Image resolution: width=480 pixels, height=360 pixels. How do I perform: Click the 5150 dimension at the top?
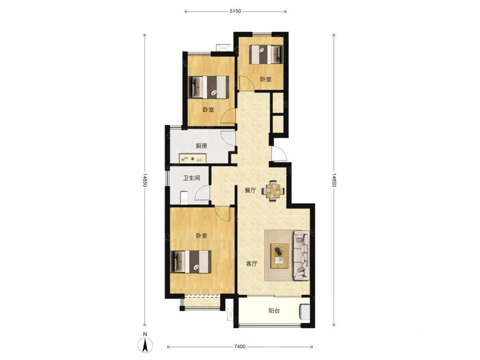pyautogui.click(x=235, y=11)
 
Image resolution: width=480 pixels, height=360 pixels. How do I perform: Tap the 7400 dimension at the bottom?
pyautogui.click(x=240, y=347)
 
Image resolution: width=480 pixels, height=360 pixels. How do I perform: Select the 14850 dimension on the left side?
pyautogui.click(x=145, y=180)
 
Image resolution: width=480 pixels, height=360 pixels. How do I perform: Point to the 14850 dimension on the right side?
pyautogui.click(x=334, y=180)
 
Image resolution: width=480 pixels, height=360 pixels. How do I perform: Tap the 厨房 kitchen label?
pyautogui.click(x=201, y=146)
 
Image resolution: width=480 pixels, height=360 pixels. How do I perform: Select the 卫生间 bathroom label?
pyautogui.click(x=192, y=178)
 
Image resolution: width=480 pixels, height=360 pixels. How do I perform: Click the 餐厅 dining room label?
pyautogui.click(x=250, y=190)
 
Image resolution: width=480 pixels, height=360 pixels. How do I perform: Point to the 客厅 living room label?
pyautogui.click(x=252, y=264)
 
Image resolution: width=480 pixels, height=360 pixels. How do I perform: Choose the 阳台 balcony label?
pyautogui.click(x=274, y=311)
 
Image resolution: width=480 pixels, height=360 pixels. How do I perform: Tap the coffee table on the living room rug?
pyautogui.click(x=280, y=256)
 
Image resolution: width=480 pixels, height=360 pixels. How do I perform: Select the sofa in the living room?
pyautogui.click(x=301, y=255)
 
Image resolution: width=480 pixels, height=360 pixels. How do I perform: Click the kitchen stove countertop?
pyautogui.click(x=192, y=159)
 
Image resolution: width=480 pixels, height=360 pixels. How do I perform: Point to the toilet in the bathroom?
pyautogui.click(x=184, y=197)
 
